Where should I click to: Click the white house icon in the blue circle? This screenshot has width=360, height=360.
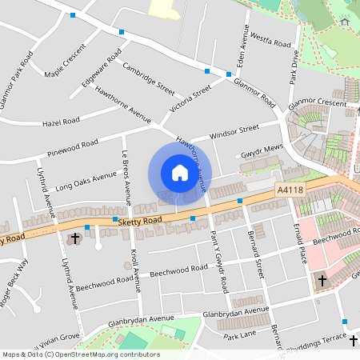click(x=180, y=173)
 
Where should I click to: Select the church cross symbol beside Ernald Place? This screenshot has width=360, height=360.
click(x=322, y=281)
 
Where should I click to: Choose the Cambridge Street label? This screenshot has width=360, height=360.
click(x=148, y=77)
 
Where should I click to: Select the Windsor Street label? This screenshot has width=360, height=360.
click(x=234, y=131)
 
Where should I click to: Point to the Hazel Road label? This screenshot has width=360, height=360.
click(x=61, y=122)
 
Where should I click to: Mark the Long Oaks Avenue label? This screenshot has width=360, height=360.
click(x=86, y=182)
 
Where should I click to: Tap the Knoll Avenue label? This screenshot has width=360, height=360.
click(x=134, y=268)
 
